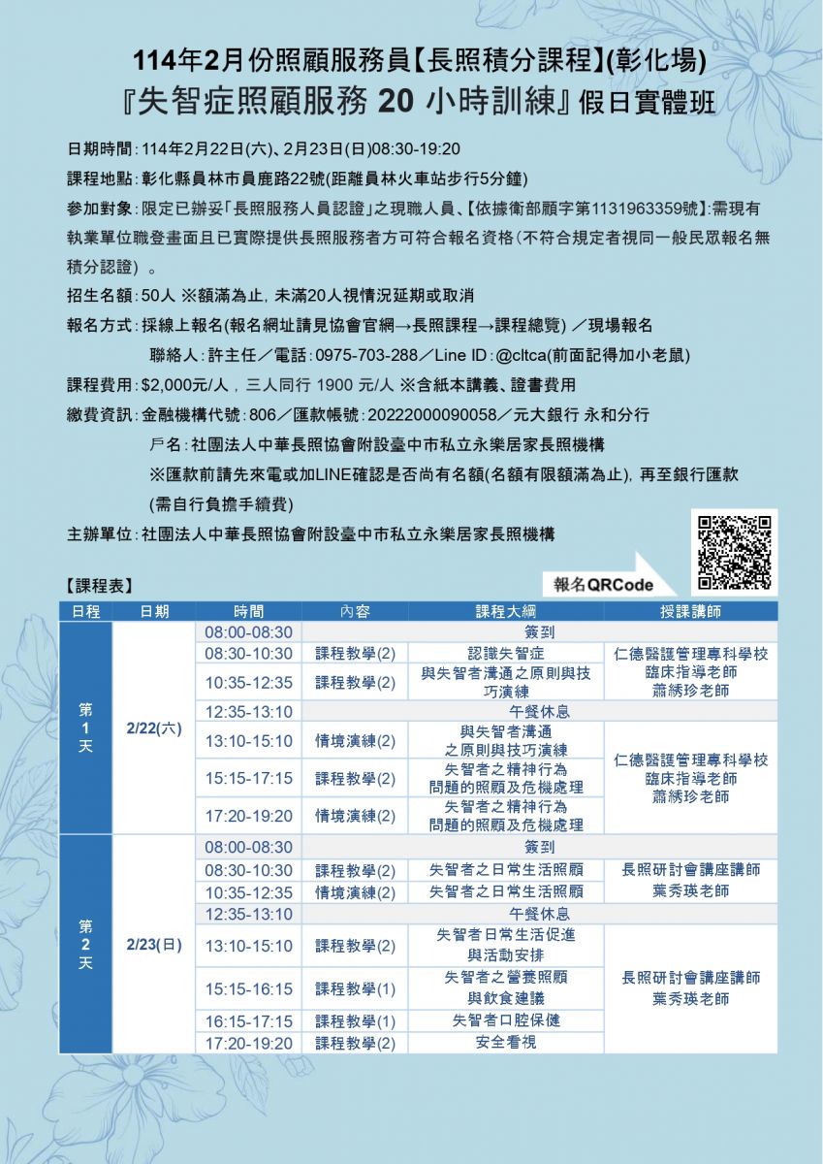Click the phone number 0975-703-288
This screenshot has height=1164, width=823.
pyautogui.click(x=368, y=353)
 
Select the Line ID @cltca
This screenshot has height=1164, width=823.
pyautogui.click(x=523, y=353)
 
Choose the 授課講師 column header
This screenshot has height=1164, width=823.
pyautogui.click(x=689, y=612)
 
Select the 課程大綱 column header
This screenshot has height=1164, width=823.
pyautogui.click(x=505, y=612)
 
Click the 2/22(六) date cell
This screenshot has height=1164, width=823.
pyautogui.click(x=154, y=727)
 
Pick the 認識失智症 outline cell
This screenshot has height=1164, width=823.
pyautogui.click(x=505, y=654)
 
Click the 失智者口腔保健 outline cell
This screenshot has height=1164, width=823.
pyautogui.click(x=505, y=1020)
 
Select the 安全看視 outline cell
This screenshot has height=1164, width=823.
pyautogui.click(x=505, y=1043)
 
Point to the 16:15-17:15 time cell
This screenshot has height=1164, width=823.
pyautogui.click(x=248, y=1021)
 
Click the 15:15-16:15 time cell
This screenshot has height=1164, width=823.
pyautogui.click(x=248, y=989)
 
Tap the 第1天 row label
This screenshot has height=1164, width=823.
pyautogui.click(x=85, y=727)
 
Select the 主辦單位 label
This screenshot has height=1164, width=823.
pyautogui.click(x=100, y=534)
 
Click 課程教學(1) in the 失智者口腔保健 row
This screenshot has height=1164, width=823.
pyautogui.click(x=355, y=1021)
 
